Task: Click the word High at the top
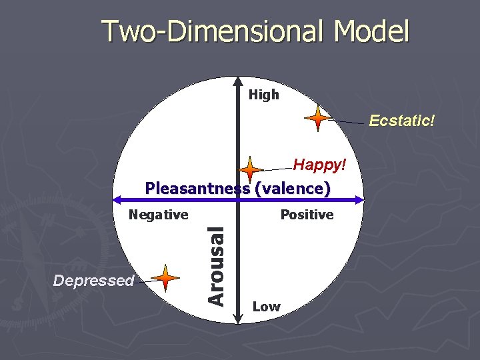(x=264, y=95)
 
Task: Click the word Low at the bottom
(x=267, y=307)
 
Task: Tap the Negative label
(x=159, y=215)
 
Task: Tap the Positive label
(x=307, y=215)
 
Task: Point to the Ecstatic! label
(x=403, y=121)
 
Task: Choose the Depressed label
(x=94, y=281)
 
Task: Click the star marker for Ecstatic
(x=318, y=118)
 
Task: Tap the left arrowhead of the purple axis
(x=115, y=199)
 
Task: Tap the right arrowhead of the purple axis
(x=361, y=199)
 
